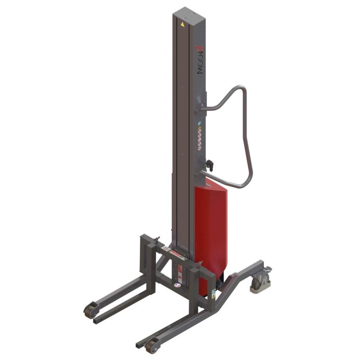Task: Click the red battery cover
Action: (211, 230)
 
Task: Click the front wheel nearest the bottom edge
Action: (151, 346)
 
